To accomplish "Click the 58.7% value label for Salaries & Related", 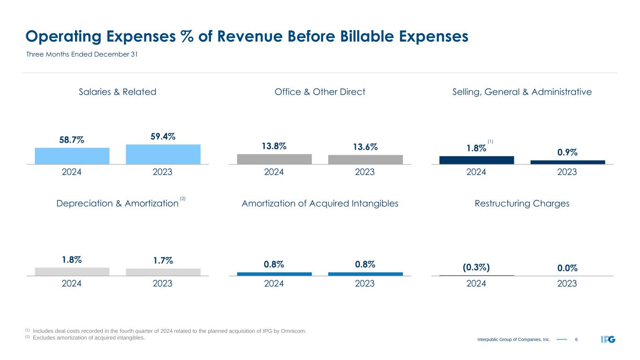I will pyautogui.click(x=72, y=140).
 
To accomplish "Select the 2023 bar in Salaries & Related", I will pyautogui.click(x=163, y=154).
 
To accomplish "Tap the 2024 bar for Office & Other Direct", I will pyautogui.click(x=274, y=159).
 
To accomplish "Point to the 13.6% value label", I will pyautogui.click(x=365, y=147).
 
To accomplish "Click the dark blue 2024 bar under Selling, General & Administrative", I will pyautogui.click(x=476, y=160).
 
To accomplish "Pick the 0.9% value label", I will pyautogui.click(x=567, y=152).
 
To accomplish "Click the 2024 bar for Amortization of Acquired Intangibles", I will pyautogui.click(x=274, y=274).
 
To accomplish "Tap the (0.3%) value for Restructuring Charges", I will pyautogui.click(x=476, y=267).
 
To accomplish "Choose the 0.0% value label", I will pyautogui.click(x=567, y=268).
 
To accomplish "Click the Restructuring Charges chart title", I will pyautogui.click(x=522, y=203).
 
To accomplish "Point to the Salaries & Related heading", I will pyautogui.click(x=117, y=92).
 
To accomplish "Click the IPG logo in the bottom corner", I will pyautogui.click(x=608, y=339).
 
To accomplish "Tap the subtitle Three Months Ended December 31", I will pyautogui.click(x=81, y=54).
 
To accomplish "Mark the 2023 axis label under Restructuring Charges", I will pyautogui.click(x=567, y=284).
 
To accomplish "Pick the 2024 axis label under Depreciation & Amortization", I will pyautogui.click(x=72, y=284).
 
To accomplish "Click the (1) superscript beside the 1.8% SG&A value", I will pyautogui.click(x=490, y=141).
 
